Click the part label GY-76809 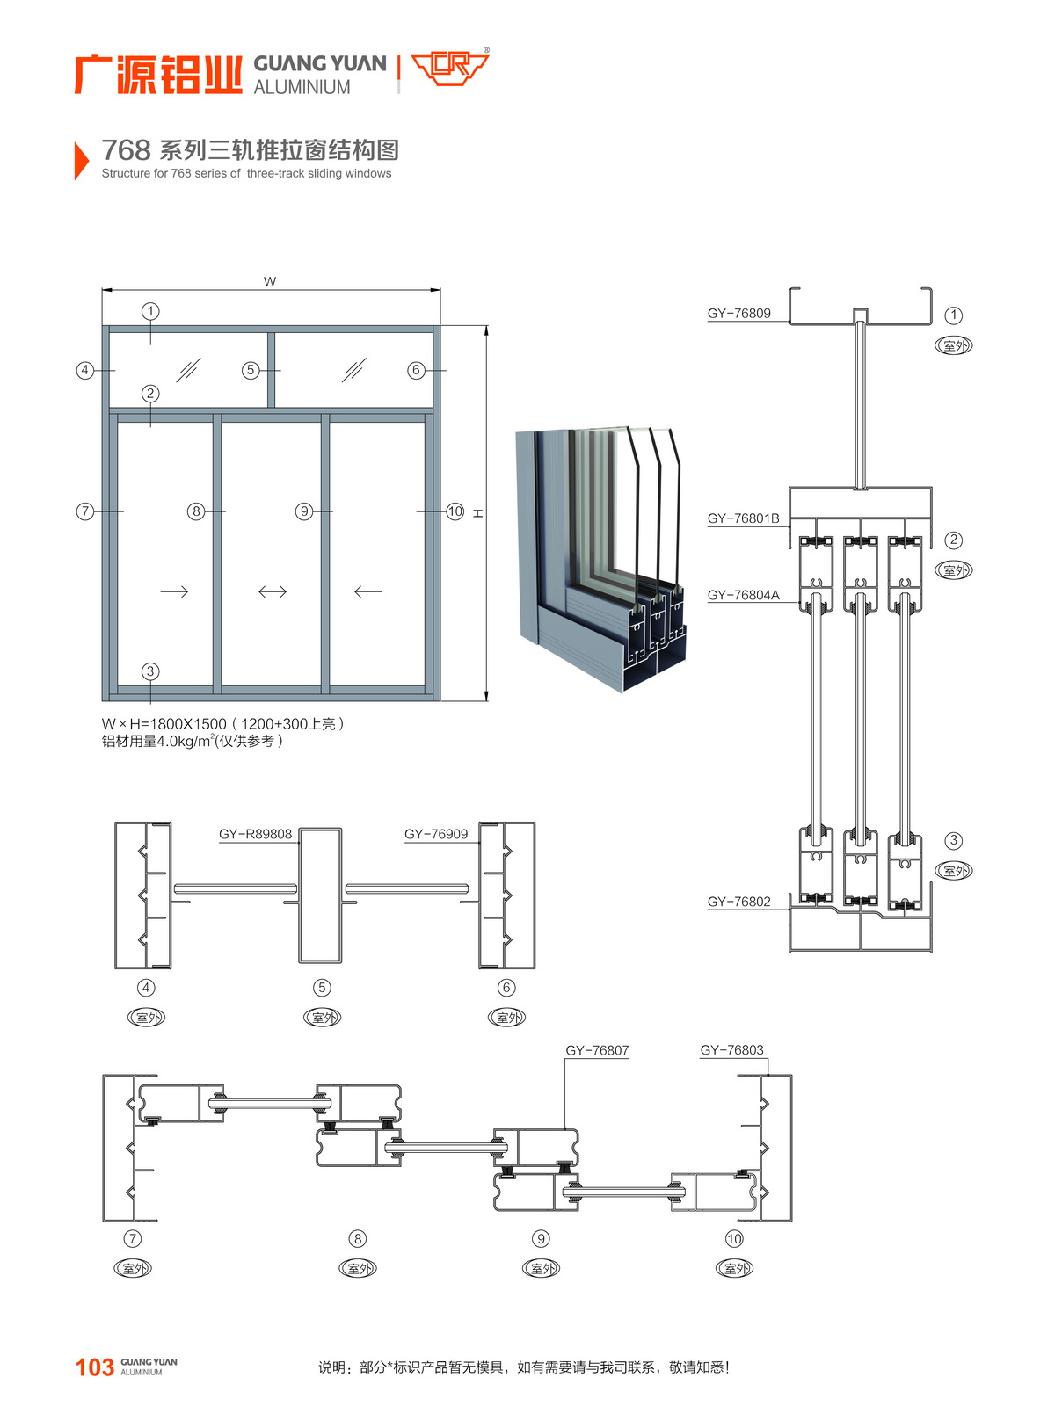tap(738, 314)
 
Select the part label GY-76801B tap(743, 518)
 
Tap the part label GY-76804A tap(743, 595)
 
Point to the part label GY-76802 tap(738, 902)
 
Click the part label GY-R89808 tap(255, 834)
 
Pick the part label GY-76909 tap(436, 834)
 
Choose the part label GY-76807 tap(597, 1050)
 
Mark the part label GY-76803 tap(731, 1050)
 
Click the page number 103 tap(95, 1367)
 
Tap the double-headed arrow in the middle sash tap(273, 591)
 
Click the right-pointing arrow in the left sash tap(174, 591)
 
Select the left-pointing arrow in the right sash tap(367, 591)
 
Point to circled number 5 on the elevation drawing tap(251, 370)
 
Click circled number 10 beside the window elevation tap(455, 511)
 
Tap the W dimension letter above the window tap(270, 282)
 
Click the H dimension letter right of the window tap(478, 512)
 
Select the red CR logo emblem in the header tap(449, 68)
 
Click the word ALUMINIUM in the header tap(302, 87)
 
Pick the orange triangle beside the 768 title tap(81, 160)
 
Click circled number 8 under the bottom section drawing tap(357, 1239)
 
